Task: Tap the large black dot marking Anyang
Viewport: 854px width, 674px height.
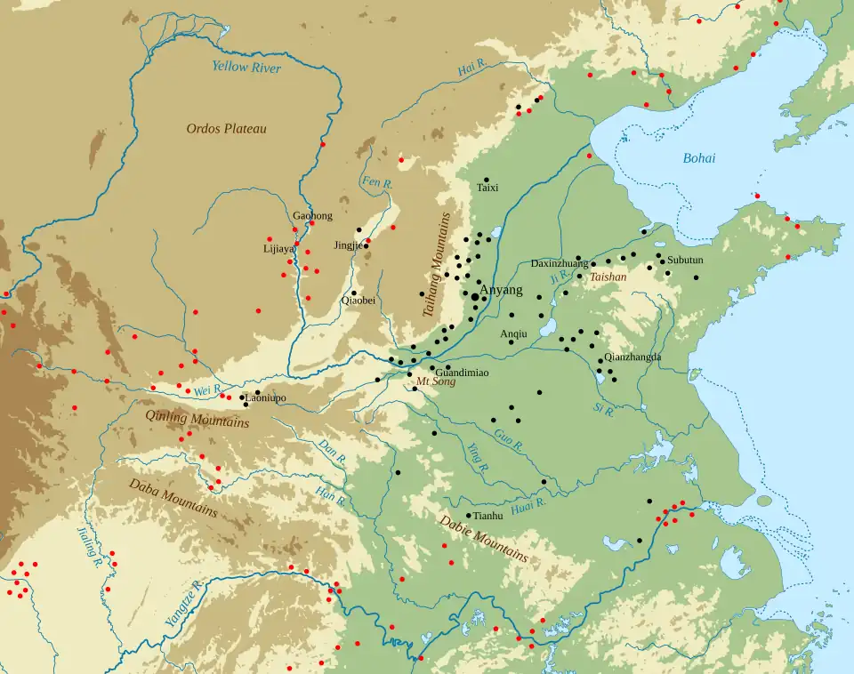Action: (x=474, y=298)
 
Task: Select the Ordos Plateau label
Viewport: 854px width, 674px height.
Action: (x=226, y=129)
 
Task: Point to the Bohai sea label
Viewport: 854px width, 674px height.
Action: (x=698, y=158)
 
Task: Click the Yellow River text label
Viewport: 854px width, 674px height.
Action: (x=246, y=68)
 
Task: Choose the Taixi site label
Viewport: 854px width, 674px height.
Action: (x=487, y=189)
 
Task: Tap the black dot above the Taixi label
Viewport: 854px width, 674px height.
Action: (x=487, y=180)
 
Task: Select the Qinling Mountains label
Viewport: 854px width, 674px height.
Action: (x=197, y=418)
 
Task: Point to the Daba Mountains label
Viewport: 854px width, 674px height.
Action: (x=173, y=498)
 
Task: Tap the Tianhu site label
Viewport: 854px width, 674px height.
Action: (x=488, y=516)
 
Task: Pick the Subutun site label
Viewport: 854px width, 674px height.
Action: (x=685, y=261)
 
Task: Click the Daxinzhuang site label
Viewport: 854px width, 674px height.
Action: (x=559, y=264)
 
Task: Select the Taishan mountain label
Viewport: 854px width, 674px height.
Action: (x=608, y=277)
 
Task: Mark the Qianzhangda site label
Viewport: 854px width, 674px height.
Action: (x=632, y=357)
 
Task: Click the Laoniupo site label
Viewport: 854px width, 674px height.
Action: (x=265, y=399)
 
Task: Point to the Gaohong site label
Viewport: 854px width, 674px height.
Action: (x=312, y=216)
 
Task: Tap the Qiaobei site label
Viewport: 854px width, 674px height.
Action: (x=358, y=301)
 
